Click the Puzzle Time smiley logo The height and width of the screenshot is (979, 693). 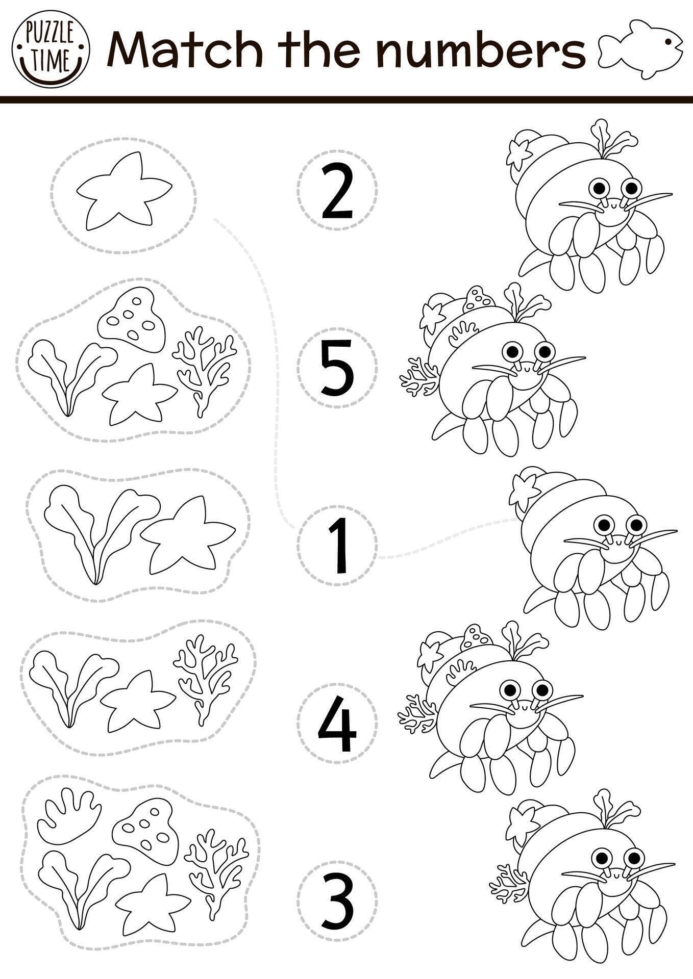pyautogui.click(x=51, y=49)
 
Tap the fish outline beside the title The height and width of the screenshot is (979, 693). pyautogui.click(x=641, y=49)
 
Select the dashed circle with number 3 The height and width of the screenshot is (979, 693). pyautogui.click(x=337, y=900)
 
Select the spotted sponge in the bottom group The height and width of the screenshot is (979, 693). pyautogui.click(x=143, y=828)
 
